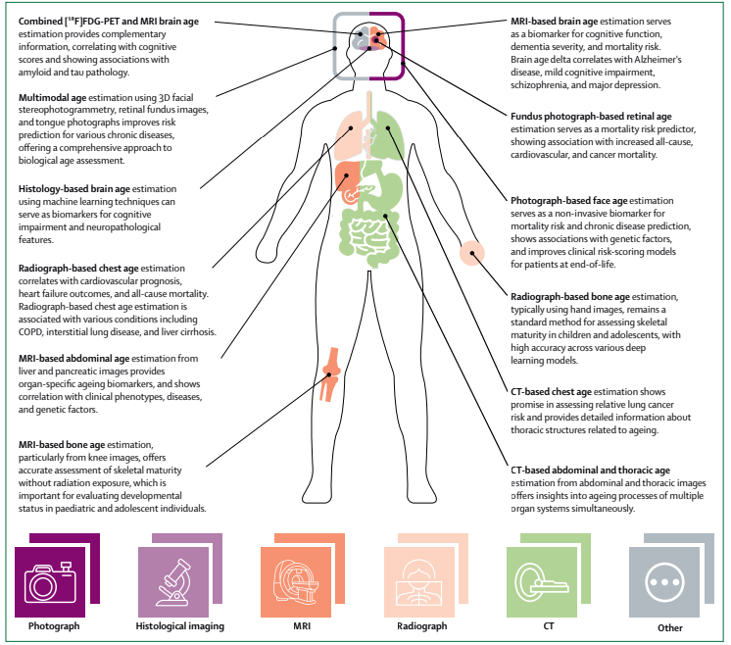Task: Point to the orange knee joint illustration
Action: coord(330,374)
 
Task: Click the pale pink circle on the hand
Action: coord(471,253)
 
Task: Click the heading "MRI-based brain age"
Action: coord(555,22)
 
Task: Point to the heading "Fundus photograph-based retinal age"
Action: coord(591,117)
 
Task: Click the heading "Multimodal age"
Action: coord(52,98)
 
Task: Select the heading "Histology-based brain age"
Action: coord(74,189)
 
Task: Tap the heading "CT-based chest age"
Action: coord(551,392)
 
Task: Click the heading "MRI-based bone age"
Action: coord(62,445)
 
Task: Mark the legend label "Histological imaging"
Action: coord(180,626)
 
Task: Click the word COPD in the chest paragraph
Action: coord(30,332)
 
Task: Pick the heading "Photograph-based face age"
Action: coord(568,201)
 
